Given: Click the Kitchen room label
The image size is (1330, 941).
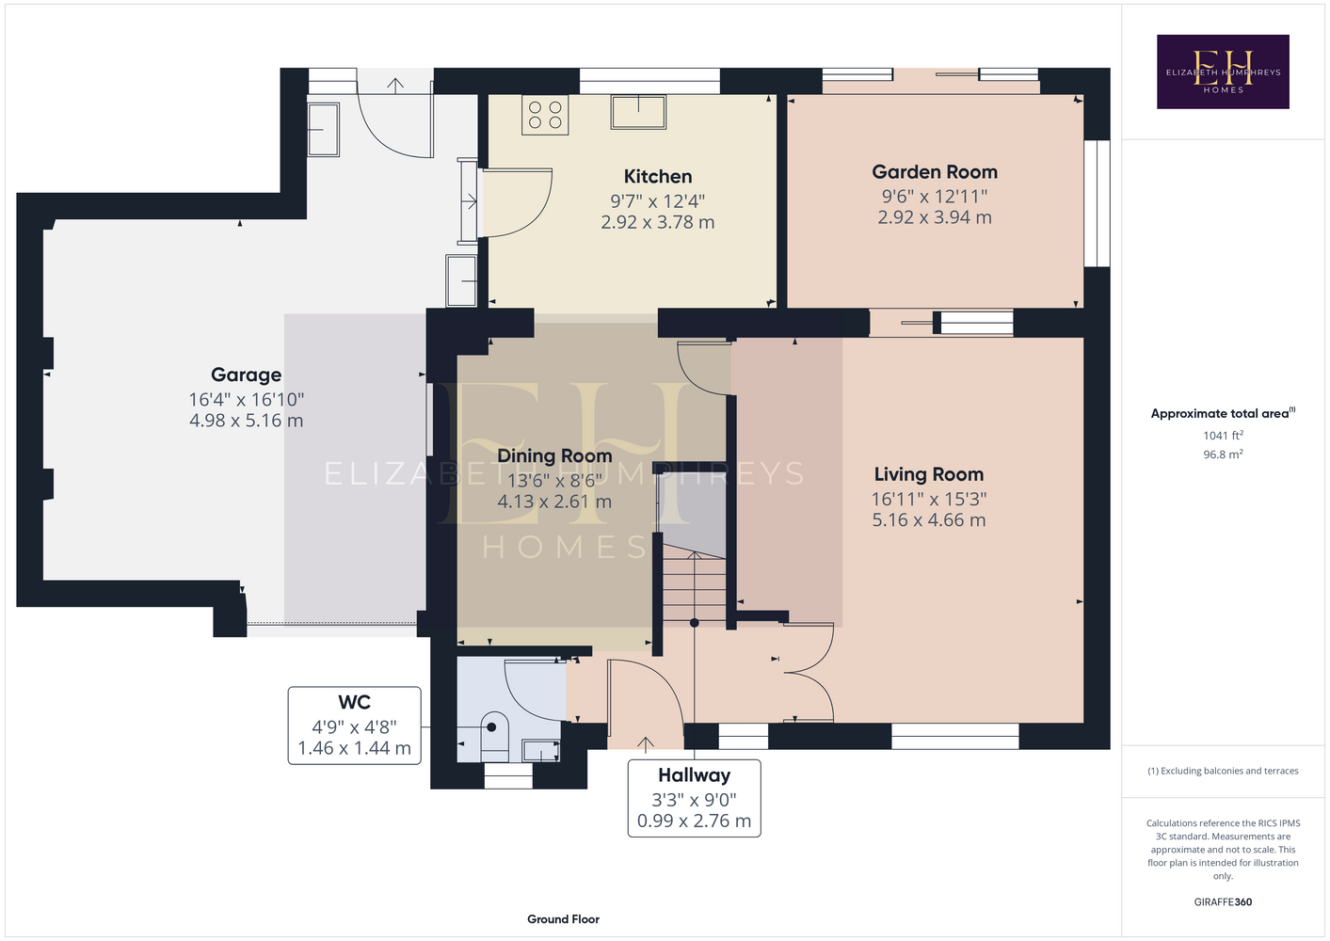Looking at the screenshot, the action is coord(657,176).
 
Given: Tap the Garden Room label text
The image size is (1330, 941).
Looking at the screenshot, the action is coord(935,172).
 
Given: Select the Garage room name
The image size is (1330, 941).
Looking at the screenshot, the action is coord(246,375).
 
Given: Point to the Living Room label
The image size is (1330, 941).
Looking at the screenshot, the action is coord(929,474).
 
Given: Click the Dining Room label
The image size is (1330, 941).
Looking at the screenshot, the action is coord(554,456).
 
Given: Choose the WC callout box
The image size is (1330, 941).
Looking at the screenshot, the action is coord(355,726).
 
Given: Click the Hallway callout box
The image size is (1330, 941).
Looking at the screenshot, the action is coord(694,799).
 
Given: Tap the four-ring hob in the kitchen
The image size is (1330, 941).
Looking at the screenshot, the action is coord(545,115).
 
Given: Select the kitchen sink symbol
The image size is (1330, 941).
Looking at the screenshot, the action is coord(638,112).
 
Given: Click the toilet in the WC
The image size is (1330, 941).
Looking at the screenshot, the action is coord(494,737).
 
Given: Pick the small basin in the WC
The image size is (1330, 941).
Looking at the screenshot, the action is coord(541,750).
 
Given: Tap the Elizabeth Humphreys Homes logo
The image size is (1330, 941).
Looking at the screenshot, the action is coord(1223,72).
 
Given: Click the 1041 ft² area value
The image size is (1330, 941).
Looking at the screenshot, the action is coord(1223,435).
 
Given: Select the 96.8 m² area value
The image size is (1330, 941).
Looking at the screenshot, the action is coord(1223,455).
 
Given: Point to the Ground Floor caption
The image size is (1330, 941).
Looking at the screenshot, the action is coord(563,919).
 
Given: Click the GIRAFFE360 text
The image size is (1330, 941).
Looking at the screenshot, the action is coord(1223,901).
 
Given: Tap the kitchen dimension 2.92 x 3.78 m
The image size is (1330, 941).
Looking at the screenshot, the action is coord(657,222).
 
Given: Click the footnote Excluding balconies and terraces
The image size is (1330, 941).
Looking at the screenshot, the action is coord(1223,771).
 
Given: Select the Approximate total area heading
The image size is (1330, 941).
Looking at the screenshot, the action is coord(1223,413).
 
